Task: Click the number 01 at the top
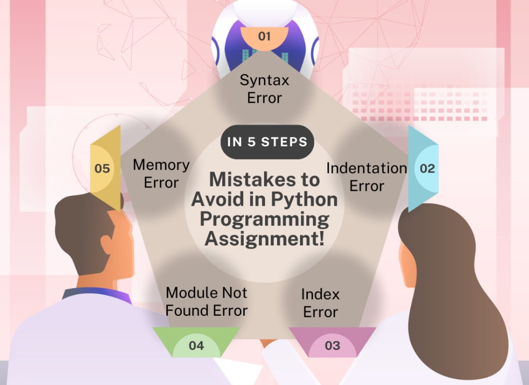[x=264, y=36]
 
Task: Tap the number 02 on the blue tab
[x=427, y=168]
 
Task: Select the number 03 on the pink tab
[x=333, y=345]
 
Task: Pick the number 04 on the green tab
[x=196, y=345]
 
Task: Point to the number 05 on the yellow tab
[x=102, y=168]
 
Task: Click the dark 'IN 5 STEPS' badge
[x=268, y=142]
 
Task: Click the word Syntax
[x=264, y=81]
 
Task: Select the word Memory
[x=161, y=165]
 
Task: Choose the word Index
[x=320, y=295]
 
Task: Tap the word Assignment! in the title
[x=265, y=239]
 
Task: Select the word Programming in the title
[x=264, y=219]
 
